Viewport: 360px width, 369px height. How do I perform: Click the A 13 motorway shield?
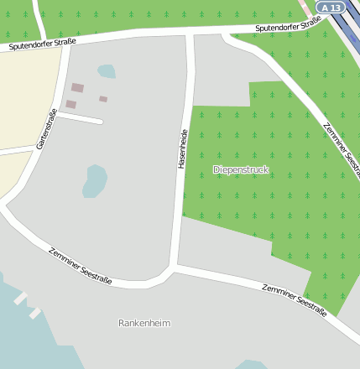click(332, 7)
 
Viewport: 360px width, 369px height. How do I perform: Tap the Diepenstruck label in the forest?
click(241, 169)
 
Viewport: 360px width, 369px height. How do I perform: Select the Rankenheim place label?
click(144, 323)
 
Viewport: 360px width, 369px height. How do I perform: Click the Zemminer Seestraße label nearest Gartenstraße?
click(80, 264)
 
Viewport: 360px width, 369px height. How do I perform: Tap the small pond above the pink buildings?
click(106, 71)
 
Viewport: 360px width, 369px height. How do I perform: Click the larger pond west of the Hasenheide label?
click(95, 179)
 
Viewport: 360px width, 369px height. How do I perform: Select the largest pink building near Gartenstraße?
click(77, 87)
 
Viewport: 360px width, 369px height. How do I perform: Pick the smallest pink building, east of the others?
click(103, 99)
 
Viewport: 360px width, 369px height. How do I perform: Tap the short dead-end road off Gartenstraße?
click(80, 118)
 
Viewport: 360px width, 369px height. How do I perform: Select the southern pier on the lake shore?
click(35, 314)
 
